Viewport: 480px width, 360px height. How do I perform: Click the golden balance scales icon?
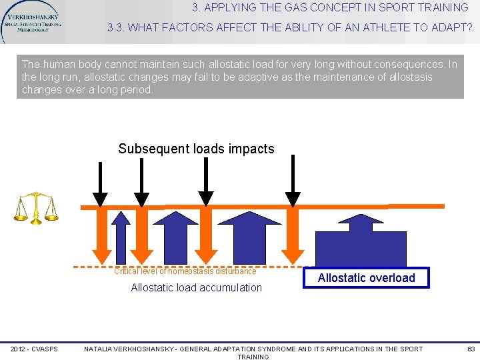pyautogui.click(x=36, y=208)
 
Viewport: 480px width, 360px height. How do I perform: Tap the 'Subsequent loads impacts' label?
pyautogui.click(x=196, y=149)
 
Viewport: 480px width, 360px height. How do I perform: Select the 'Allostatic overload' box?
pyautogui.click(x=366, y=278)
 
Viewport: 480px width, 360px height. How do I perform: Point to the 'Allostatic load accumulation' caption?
pyautogui.click(x=196, y=287)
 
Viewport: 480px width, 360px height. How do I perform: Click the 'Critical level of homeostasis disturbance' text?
pyautogui.click(x=185, y=271)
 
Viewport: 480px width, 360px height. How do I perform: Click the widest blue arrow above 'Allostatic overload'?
pyautogui.click(x=361, y=241)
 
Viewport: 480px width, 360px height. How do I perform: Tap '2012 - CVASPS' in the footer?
pyautogui.click(x=33, y=349)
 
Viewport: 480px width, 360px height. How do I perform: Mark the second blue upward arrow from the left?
pyautogui.click(x=171, y=237)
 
